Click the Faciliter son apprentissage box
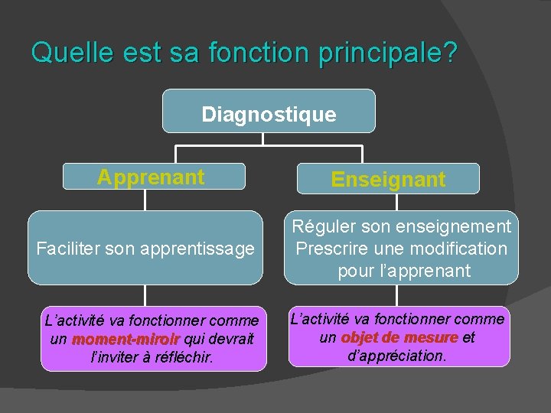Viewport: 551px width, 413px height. pyautogui.click(x=145, y=249)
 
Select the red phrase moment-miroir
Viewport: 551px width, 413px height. pyautogui.click(x=126, y=339)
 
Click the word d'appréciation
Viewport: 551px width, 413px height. pyautogui.click(x=397, y=356)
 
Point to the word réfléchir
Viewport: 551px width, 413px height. pyautogui.click(x=181, y=357)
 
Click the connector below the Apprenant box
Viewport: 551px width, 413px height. pyautogui.click(x=145, y=200)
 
